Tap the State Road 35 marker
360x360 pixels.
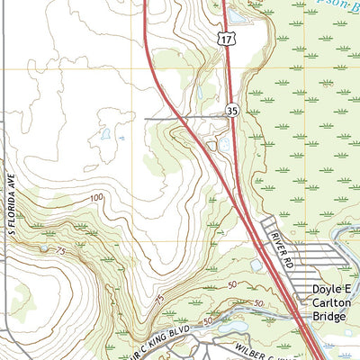(x=231, y=111)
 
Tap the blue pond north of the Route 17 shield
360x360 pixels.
(x=238, y=15)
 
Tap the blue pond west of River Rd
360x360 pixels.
(x=257, y=265)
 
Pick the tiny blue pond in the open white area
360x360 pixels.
(x=105, y=135)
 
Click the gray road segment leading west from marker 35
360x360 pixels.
(x=180, y=117)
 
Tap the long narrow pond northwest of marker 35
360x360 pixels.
(x=200, y=91)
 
